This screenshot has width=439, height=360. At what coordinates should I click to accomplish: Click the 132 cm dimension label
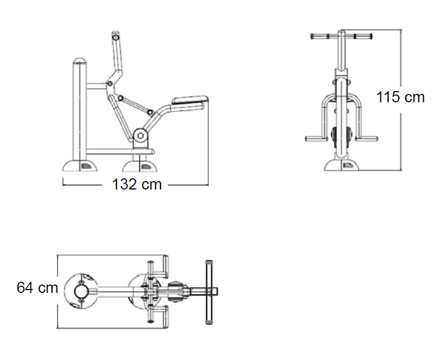tap(137, 184)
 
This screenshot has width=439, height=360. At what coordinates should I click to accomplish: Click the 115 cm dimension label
tap(400, 97)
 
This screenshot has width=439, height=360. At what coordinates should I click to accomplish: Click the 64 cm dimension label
tap(37, 287)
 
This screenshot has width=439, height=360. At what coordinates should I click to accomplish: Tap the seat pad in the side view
tap(190, 100)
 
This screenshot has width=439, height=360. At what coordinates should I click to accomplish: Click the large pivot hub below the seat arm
tap(140, 136)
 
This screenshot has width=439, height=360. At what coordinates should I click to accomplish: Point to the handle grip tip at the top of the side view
tap(116, 36)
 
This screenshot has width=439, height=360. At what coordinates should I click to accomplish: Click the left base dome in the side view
tap(80, 165)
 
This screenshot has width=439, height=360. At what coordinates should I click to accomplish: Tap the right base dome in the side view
tap(140, 166)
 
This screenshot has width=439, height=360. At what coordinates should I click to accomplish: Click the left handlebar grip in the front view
tap(320, 36)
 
